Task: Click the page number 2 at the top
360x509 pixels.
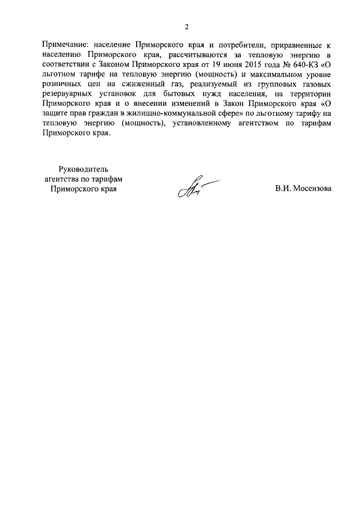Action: coord(186,26)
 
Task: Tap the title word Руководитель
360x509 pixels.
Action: coord(83,168)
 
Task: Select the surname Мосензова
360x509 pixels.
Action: coord(312,188)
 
